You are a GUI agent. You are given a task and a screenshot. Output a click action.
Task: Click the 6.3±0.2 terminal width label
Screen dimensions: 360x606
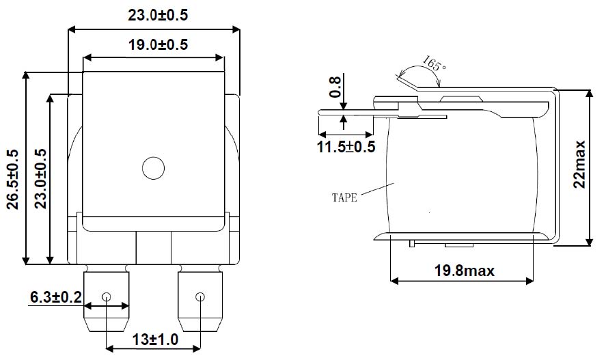56,297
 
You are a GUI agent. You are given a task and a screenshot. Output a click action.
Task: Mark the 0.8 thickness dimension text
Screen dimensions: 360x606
335,87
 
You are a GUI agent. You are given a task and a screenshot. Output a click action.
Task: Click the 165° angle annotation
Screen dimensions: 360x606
434,66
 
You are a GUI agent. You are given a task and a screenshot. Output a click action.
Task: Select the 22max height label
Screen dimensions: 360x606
580,164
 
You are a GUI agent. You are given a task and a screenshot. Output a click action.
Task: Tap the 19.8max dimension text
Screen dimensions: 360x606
465,271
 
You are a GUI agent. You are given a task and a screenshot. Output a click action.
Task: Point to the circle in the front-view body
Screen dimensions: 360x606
153,167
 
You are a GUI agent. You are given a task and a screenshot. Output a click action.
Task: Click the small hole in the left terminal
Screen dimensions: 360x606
106,297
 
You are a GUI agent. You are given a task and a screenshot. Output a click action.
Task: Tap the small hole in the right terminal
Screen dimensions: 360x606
199,297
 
